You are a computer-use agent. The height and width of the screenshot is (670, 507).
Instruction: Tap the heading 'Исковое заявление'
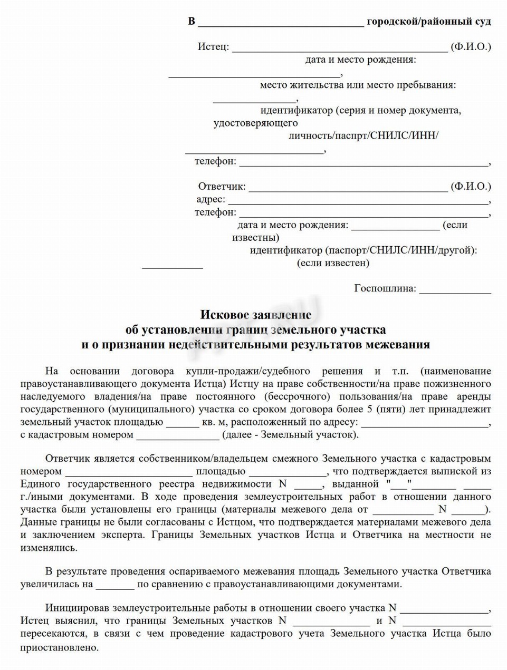[x=255, y=315]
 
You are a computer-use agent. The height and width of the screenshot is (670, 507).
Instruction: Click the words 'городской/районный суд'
[x=428, y=22]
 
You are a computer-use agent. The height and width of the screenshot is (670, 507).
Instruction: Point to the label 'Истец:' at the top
[x=213, y=47]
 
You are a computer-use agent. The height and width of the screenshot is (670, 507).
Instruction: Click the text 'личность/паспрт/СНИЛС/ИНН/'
[x=363, y=135]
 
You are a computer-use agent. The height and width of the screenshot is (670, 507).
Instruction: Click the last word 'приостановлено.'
[x=60, y=647]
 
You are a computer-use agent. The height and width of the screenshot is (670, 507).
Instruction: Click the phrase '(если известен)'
[x=333, y=263]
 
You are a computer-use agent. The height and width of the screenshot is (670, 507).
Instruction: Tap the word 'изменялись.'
[x=49, y=547]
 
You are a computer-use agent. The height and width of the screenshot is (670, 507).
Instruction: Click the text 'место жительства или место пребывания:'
[x=358, y=85]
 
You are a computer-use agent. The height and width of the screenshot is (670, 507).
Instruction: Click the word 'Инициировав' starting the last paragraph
[x=76, y=608]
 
